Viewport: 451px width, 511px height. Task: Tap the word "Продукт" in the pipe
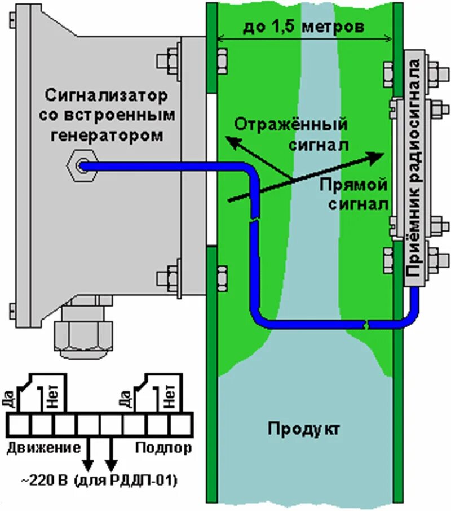304,428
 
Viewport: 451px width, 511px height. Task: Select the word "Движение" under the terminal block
43,448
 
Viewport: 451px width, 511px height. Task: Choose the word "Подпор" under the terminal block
163,448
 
